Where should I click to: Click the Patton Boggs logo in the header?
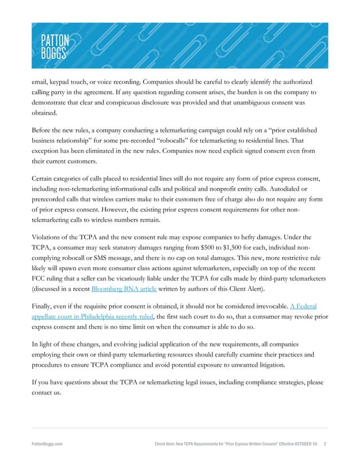click(x=55, y=45)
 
